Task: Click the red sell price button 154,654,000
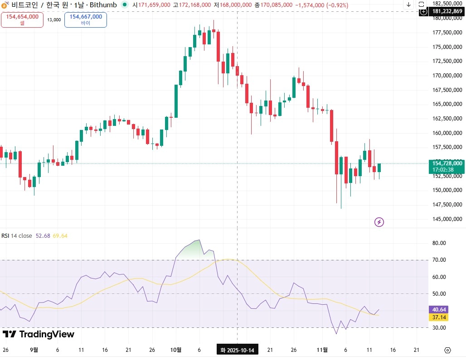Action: pos(22,20)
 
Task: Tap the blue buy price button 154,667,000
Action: pos(86,20)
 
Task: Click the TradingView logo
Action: pos(39,334)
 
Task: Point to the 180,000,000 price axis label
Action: pos(447,19)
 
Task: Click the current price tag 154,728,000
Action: pos(447,163)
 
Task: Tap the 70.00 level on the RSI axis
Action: pos(439,260)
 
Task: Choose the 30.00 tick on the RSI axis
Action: pos(439,328)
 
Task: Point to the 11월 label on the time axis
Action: pos(322,350)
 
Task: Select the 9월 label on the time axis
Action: pos(34,350)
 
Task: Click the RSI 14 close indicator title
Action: pos(17,235)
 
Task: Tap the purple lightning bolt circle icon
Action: pos(379,222)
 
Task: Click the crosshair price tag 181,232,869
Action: pos(447,11)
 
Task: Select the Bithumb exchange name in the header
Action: pos(103,5)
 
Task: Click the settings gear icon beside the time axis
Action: pos(447,350)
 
